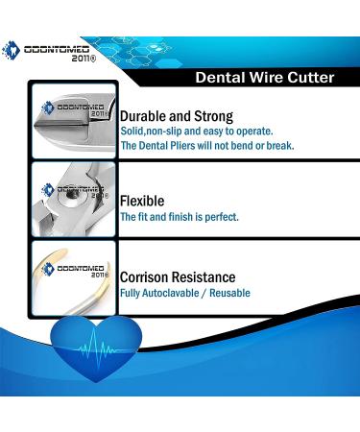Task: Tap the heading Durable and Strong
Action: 176,116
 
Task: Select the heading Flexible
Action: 142,201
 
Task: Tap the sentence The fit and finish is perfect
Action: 179,217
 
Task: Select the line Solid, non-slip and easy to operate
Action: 196,130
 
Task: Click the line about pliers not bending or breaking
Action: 206,146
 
